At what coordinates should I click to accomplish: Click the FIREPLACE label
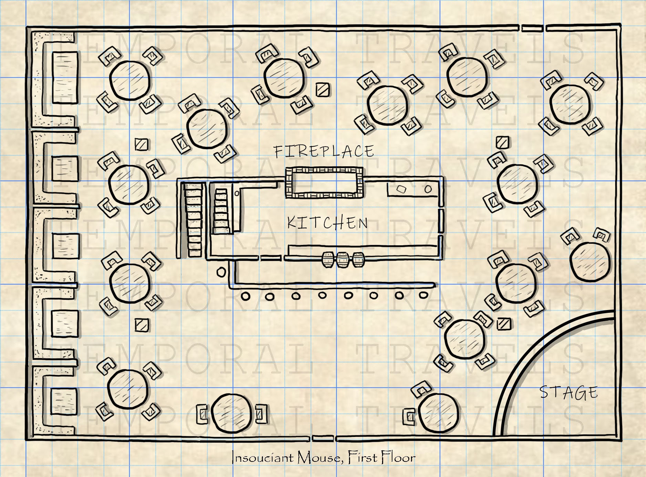[x=324, y=151]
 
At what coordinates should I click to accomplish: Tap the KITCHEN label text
[x=327, y=223]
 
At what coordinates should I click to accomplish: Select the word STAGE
[x=568, y=393]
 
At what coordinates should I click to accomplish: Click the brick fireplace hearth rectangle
[x=324, y=182]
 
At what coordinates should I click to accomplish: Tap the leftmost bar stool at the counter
[x=245, y=296]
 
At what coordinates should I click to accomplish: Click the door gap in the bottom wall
[x=323, y=438]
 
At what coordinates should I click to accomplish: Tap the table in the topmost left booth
[x=65, y=78]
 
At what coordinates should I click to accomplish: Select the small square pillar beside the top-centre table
[x=323, y=90]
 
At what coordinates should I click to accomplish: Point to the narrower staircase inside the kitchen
[x=221, y=211]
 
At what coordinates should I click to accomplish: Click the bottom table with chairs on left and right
[x=232, y=414]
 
